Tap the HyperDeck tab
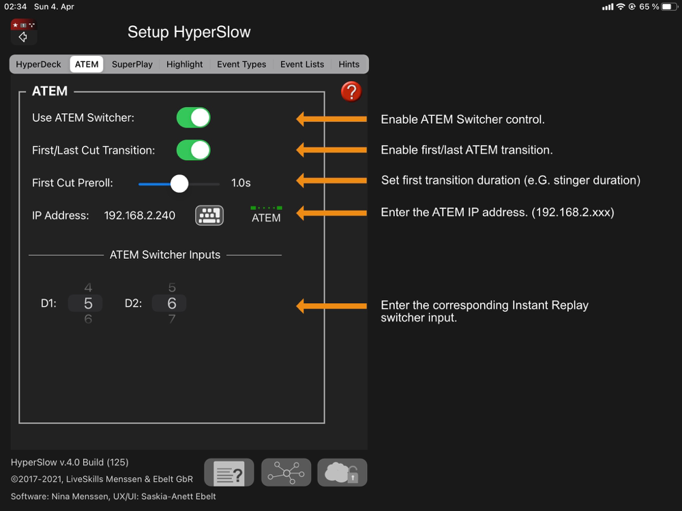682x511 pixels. click(x=38, y=64)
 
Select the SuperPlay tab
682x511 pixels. click(x=132, y=64)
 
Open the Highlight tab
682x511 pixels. click(x=185, y=64)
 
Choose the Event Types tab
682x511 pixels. click(x=241, y=64)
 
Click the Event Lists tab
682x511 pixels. click(x=302, y=64)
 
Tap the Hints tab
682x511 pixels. click(x=349, y=64)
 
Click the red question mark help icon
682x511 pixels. click(x=351, y=91)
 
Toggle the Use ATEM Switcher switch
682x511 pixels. click(x=193, y=118)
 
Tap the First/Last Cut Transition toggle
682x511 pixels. click(x=193, y=150)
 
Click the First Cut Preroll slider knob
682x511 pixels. click(x=179, y=183)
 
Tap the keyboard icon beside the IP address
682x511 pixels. click(x=209, y=215)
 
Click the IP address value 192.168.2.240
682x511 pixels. click(x=140, y=215)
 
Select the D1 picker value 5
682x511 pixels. click(x=88, y=303)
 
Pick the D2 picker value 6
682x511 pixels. click(x=171, y=303)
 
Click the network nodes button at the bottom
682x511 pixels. click(x=286, y=472)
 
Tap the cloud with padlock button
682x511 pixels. click(x=342, y=472)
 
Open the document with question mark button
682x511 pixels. click(x=229, y=472)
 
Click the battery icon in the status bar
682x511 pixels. click(x=668, y=7)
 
